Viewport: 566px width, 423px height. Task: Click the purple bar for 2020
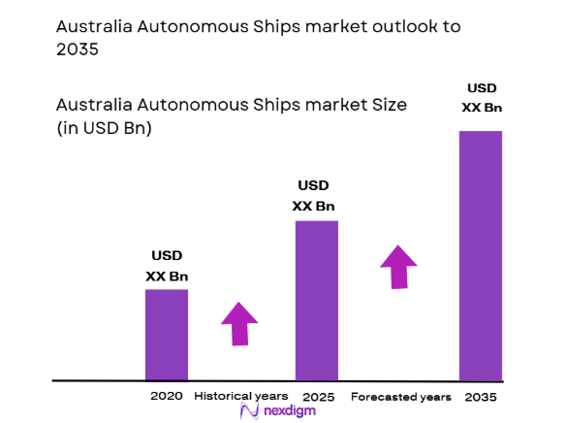tap(167, 334)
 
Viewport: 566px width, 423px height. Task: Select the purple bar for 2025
tap(317, 300)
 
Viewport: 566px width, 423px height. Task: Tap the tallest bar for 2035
tap(481, 254)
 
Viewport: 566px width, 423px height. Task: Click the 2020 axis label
tap(167, 396)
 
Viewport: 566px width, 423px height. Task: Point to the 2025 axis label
tap(318, 396)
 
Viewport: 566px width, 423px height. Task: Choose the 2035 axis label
tap(482, 396)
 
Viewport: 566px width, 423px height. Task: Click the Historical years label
tap(240, 396)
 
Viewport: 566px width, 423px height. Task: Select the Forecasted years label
tap(400, 396)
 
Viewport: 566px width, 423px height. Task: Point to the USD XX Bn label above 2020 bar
tap(167, 266)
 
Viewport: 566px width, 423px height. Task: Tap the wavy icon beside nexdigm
tap(247, 412)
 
